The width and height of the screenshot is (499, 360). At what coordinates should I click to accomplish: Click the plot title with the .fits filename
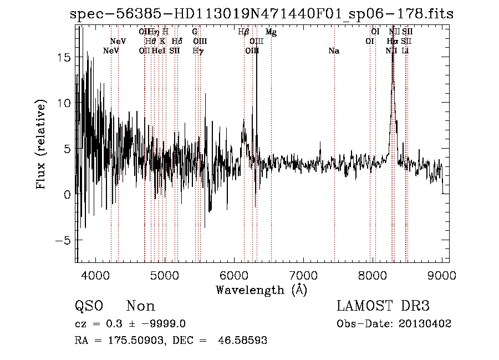click(x=262, y=14)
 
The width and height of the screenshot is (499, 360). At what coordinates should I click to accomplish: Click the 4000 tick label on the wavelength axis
click(x=96, y=275)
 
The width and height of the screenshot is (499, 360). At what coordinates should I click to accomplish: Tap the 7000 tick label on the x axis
click(x=303, y=275)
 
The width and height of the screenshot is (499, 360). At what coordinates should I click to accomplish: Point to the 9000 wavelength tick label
click(x=442, y=275)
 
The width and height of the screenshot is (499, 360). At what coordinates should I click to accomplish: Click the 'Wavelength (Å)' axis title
click(x=261, y=290)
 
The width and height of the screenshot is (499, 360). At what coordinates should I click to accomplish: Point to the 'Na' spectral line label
click(x=334, y=51)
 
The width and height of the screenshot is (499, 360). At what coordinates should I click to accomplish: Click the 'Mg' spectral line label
click(x=271, y=32)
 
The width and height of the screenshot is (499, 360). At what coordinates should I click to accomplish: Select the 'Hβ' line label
click(x=243, y=32)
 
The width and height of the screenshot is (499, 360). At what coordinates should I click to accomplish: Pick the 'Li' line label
click(x=405, y=51)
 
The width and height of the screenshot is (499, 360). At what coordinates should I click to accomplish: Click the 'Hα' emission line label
click(x=392, y=42)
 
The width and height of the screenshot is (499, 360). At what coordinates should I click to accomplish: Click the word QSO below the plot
click(x=89, y=306)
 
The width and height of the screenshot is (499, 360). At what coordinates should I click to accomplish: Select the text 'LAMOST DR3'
click(x=383, y=306)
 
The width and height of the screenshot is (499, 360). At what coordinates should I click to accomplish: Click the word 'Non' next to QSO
click(x=141, y=306)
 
